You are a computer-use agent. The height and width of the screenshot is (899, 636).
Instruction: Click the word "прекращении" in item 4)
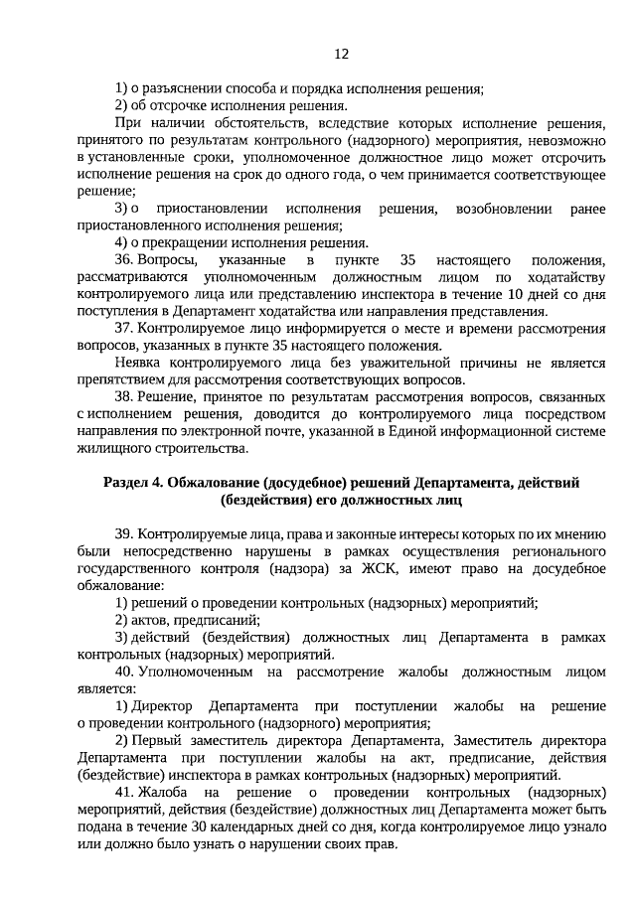point(187,242)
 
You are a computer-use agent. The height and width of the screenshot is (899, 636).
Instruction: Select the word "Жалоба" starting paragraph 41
point(164,793)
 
